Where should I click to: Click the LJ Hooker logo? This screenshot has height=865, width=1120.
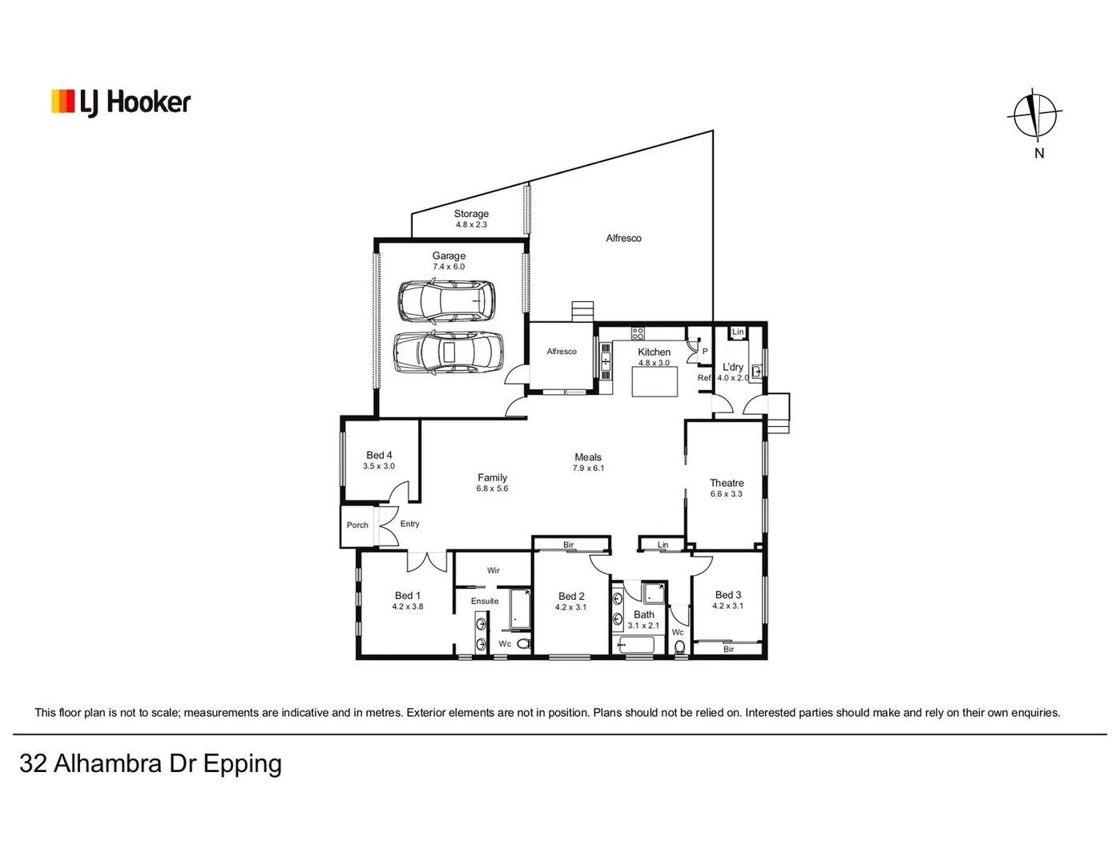(x=121, y=103)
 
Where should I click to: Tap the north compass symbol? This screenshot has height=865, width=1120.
(x=1035, y=116)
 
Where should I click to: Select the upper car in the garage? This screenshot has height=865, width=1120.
(x=446, y=300)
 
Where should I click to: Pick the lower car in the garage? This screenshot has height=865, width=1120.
(x=449, y=352)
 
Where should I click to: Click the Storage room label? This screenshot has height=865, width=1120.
(x=471, y=214)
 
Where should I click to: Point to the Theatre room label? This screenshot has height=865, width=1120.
(x=727, y=483)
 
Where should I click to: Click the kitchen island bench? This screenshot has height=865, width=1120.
(x=655, y=381)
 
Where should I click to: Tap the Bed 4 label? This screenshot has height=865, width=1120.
(x=379, y=455)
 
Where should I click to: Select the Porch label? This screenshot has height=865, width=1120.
(x=357, y=525)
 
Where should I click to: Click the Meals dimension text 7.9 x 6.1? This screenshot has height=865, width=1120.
(x=588, y=469)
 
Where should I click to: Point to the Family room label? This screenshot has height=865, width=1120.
(x=492, y=477)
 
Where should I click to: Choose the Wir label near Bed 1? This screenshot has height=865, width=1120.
(x=494, y=570)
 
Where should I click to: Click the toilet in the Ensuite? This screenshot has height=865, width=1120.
(x=524, y=644)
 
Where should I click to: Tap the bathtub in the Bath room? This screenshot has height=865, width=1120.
(x=638, y=645)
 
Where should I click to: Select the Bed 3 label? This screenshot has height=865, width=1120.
(x=727, y=595)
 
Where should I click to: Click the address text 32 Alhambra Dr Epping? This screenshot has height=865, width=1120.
(x=151, y=763)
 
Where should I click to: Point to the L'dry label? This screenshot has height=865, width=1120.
(x=732, y=367)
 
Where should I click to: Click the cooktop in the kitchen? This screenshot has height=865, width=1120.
(x=638, y=333)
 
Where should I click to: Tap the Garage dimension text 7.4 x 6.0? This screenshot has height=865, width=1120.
(x=449, y=267)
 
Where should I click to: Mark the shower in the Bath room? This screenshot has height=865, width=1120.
(x=654, y=593)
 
